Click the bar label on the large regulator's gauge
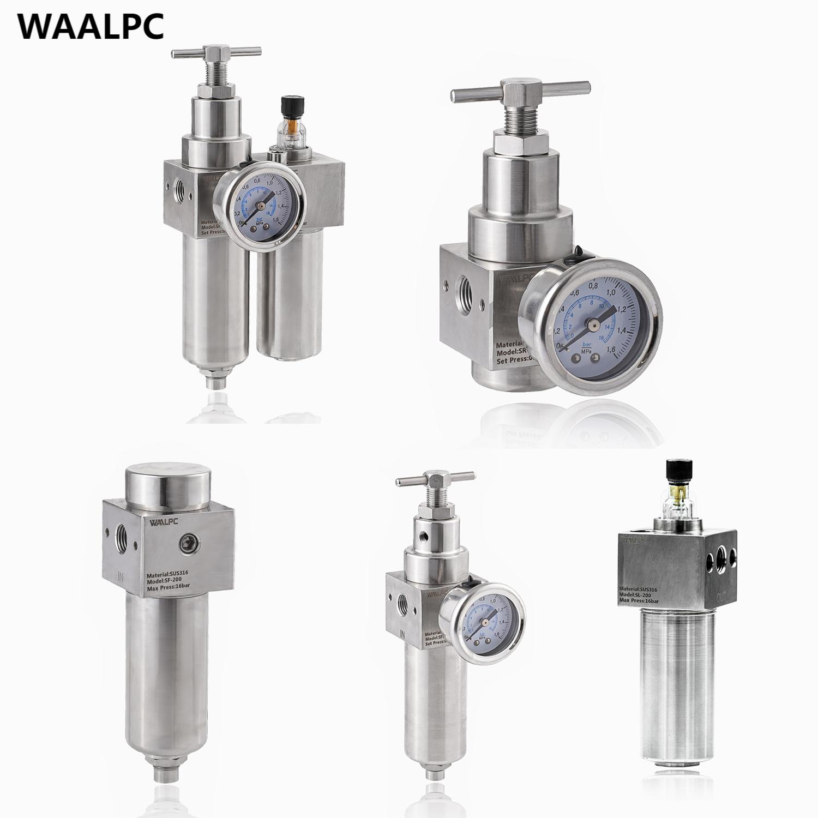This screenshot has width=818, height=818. point(587,345)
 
